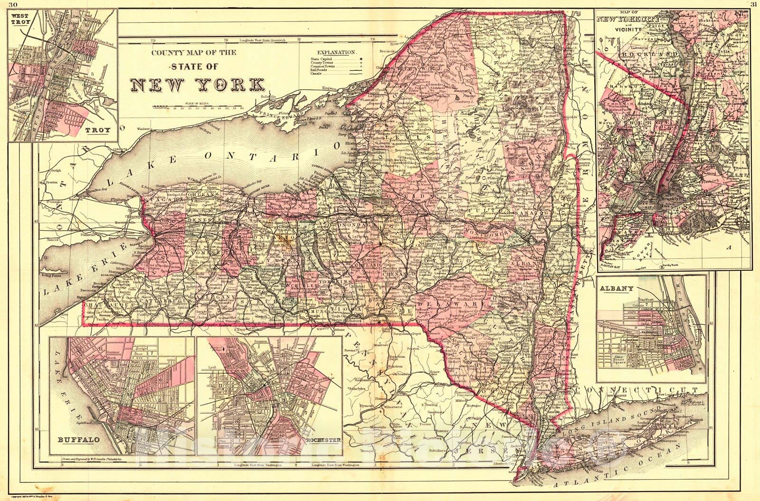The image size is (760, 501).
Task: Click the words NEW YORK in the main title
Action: [x=198, y=84]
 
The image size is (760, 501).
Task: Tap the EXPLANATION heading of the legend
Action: [x=337, y=52]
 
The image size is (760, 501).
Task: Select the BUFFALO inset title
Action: [x=79, y=440]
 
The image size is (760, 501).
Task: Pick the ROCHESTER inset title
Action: [x=323, y=440]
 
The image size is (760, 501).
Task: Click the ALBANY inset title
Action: [x=617, y=289]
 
